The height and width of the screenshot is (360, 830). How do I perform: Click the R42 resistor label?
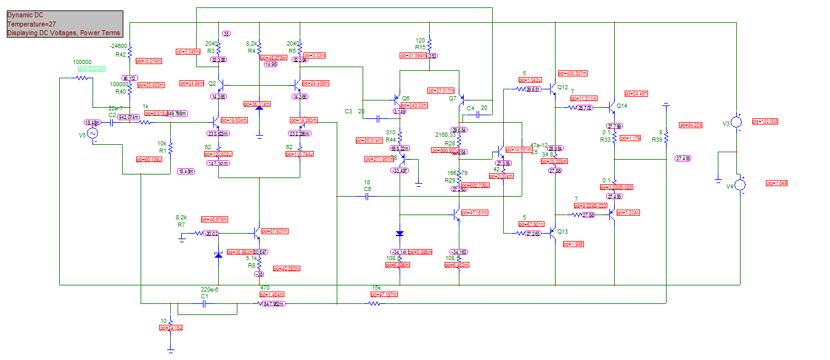click(x=120, y=55)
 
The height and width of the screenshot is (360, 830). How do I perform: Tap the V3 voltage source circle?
click(x=738, y=121)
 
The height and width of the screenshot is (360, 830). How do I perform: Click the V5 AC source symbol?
click(x=92, y=134)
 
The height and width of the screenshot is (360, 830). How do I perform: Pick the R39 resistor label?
click(x=657, y=139)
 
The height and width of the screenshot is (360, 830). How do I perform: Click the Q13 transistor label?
click(x=562, y=232)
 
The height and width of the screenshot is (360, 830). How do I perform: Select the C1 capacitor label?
click(x=205, y=297)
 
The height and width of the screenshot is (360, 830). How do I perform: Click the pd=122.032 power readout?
click(x=765, y=121)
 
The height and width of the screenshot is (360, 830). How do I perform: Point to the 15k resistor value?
click(x=376, y=288)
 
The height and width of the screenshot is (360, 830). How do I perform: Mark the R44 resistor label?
click(x=390, y=140)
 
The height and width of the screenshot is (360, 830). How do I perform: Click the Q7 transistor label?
click(x=453, y=99)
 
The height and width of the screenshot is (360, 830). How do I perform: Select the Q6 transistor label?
click(x=405, y=98)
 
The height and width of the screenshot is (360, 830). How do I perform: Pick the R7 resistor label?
click(x=181, y=225)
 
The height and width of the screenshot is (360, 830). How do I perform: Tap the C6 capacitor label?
click(x=368, y=189)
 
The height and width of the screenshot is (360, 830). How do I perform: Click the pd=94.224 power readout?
click(x=691, y=125)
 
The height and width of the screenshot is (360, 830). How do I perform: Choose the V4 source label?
click(x=730, y=186)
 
